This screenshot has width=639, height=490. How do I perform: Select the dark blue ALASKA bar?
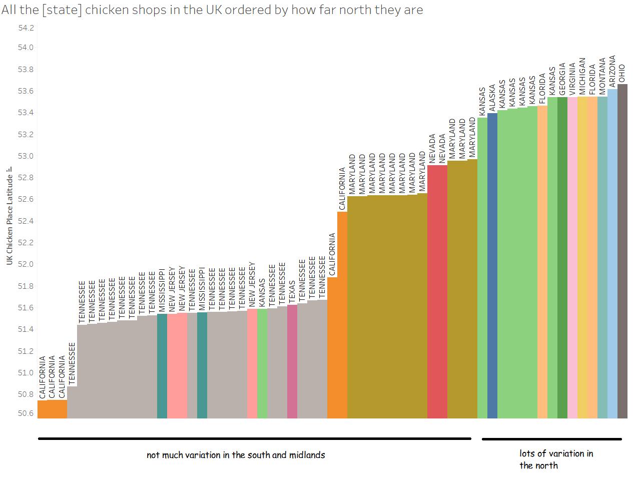[x=492, y=265]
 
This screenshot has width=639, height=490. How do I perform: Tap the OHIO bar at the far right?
[x=622, y=250]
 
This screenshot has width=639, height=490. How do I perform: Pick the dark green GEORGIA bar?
[x=562, y=257]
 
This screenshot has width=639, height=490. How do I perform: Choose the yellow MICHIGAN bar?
[x=582, y=257]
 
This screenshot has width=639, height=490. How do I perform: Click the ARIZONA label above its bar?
[x=612, y=72]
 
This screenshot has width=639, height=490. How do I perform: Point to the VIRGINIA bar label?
[x=572, y=79]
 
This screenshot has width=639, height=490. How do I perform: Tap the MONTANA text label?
[x=602, y=76]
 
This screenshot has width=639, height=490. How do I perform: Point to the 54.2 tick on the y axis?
[x=26, y=28]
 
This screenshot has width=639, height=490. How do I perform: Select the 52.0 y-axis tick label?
[x=26, y=264]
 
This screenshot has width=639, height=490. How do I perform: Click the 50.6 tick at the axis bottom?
[x=26, y=413]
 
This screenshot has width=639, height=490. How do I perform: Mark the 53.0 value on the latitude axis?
[x=26, y=156]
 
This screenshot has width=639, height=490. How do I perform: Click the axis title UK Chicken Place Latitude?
[x=10, y=220]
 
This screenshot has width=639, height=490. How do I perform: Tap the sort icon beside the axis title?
[x=10, y=170]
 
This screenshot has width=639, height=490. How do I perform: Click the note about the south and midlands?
[x=236, y=455]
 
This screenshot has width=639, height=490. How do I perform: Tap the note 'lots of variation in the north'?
[x=556, y=459]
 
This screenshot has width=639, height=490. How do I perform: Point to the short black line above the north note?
[x=551, y=439]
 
